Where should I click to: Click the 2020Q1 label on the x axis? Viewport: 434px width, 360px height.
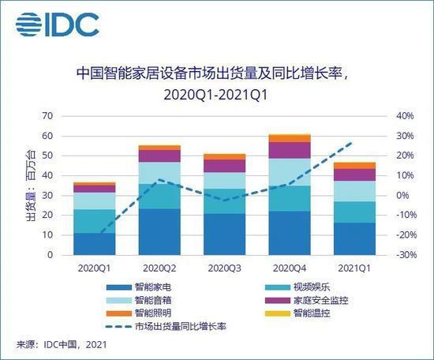(95, 268)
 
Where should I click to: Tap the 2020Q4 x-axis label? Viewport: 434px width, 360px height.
(290, 268)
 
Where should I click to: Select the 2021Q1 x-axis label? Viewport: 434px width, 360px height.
(354, 268)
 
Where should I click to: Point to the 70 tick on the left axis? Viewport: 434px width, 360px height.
(47, 116)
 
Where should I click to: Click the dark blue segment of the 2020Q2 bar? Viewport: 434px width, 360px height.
(160, 231)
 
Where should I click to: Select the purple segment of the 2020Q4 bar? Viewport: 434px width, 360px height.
(290, 150)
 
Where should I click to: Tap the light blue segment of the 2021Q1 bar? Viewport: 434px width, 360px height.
(354, 191)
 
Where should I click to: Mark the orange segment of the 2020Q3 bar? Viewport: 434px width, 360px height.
(225, 157)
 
